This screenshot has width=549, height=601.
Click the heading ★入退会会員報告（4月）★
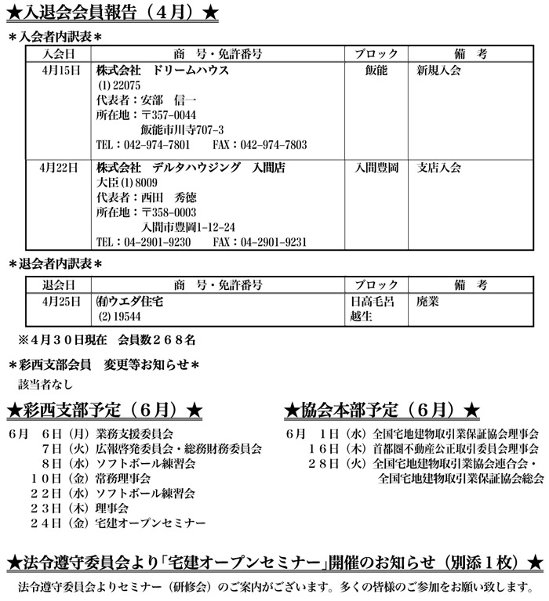coord(111,13)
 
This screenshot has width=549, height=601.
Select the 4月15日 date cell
coord(60,71)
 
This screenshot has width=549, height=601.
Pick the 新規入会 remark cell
coord(438,71)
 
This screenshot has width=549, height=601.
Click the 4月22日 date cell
coord(60,168)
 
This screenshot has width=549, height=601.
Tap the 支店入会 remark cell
coord(439,168)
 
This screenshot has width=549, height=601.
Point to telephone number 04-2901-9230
coord(157,242)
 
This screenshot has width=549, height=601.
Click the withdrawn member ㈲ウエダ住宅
coord(129,301)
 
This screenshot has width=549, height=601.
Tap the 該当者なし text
coord(45,384)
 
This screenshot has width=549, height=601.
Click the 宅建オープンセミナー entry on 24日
coord(150,522)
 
